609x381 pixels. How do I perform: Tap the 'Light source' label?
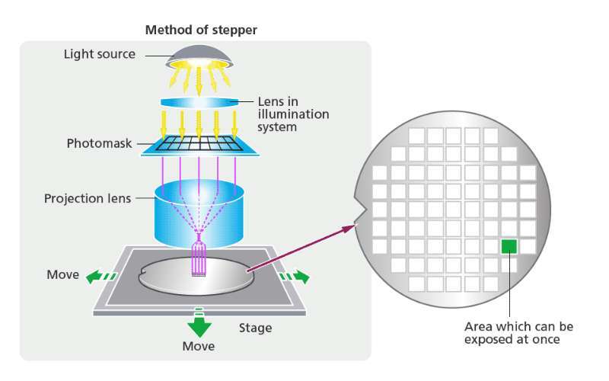[99, 54]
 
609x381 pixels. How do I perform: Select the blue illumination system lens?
[198, 101]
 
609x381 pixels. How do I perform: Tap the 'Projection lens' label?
[88, 199]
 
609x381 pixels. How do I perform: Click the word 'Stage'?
[255, 328]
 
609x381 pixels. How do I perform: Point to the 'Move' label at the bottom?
[199, 347]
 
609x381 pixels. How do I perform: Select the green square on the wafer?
[509, 246]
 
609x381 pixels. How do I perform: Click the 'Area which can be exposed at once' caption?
[518, 332]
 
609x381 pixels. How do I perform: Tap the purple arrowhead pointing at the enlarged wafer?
[352, 225]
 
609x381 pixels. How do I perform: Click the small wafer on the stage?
[196, 278]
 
